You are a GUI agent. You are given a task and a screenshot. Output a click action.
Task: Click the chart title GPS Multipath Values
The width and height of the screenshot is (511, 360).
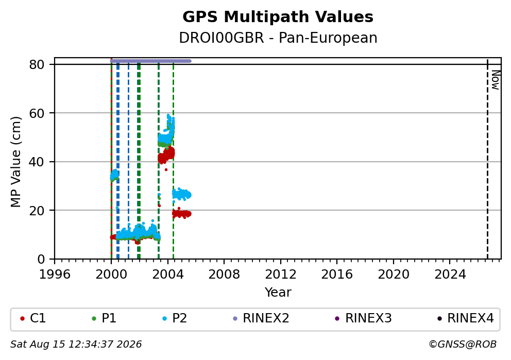[x=278, y=17]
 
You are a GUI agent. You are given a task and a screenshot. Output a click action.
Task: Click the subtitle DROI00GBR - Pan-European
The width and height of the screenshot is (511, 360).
[x=278, y=38]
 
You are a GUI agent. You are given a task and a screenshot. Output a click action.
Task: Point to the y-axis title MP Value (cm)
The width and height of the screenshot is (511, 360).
[x=15, y=162]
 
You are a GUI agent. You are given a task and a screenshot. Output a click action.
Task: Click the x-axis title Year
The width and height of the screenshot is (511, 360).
[x=278, y=292]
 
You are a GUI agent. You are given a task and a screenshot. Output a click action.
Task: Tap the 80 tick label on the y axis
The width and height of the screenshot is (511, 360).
[x=37, y=64]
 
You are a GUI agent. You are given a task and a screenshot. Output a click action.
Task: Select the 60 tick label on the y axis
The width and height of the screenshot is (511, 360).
[x=37, y=113]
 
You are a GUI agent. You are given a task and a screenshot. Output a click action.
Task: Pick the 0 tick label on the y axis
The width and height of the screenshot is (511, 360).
[x=41, y=260]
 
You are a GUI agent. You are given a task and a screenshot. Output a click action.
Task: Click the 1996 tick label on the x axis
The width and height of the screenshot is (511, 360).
[x=55, y=275]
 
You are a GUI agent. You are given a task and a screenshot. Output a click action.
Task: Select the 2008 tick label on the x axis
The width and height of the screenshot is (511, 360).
[x=224, y=275]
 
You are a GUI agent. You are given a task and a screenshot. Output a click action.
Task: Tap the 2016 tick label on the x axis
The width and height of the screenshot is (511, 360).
[x=337, y=275]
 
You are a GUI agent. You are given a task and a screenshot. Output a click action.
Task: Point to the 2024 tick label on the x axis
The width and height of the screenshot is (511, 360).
[x=450, y=275]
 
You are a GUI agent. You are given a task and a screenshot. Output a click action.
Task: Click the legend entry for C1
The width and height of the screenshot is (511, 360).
[x=33, y=318]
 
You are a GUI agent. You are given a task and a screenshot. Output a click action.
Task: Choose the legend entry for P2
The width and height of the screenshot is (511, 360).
[x=175, y=318]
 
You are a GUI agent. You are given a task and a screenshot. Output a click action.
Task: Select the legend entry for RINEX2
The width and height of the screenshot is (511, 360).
[x=261, y=318]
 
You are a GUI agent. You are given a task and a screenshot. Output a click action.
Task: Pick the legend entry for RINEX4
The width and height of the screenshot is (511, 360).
[x=466, y=318]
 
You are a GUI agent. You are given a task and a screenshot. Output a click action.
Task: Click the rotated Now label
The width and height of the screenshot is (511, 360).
[x=496, y=80]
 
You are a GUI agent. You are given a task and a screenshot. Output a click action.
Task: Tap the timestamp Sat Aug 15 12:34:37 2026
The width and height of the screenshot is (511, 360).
[x=76, y=345]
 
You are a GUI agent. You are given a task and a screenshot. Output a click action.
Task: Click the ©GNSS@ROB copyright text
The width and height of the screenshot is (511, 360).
[x=463, y=345]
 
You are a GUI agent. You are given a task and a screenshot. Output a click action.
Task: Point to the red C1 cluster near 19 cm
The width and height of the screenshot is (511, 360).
[x=181, y=214]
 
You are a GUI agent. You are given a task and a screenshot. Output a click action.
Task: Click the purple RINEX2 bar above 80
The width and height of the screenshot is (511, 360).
[x=150, y=61]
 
